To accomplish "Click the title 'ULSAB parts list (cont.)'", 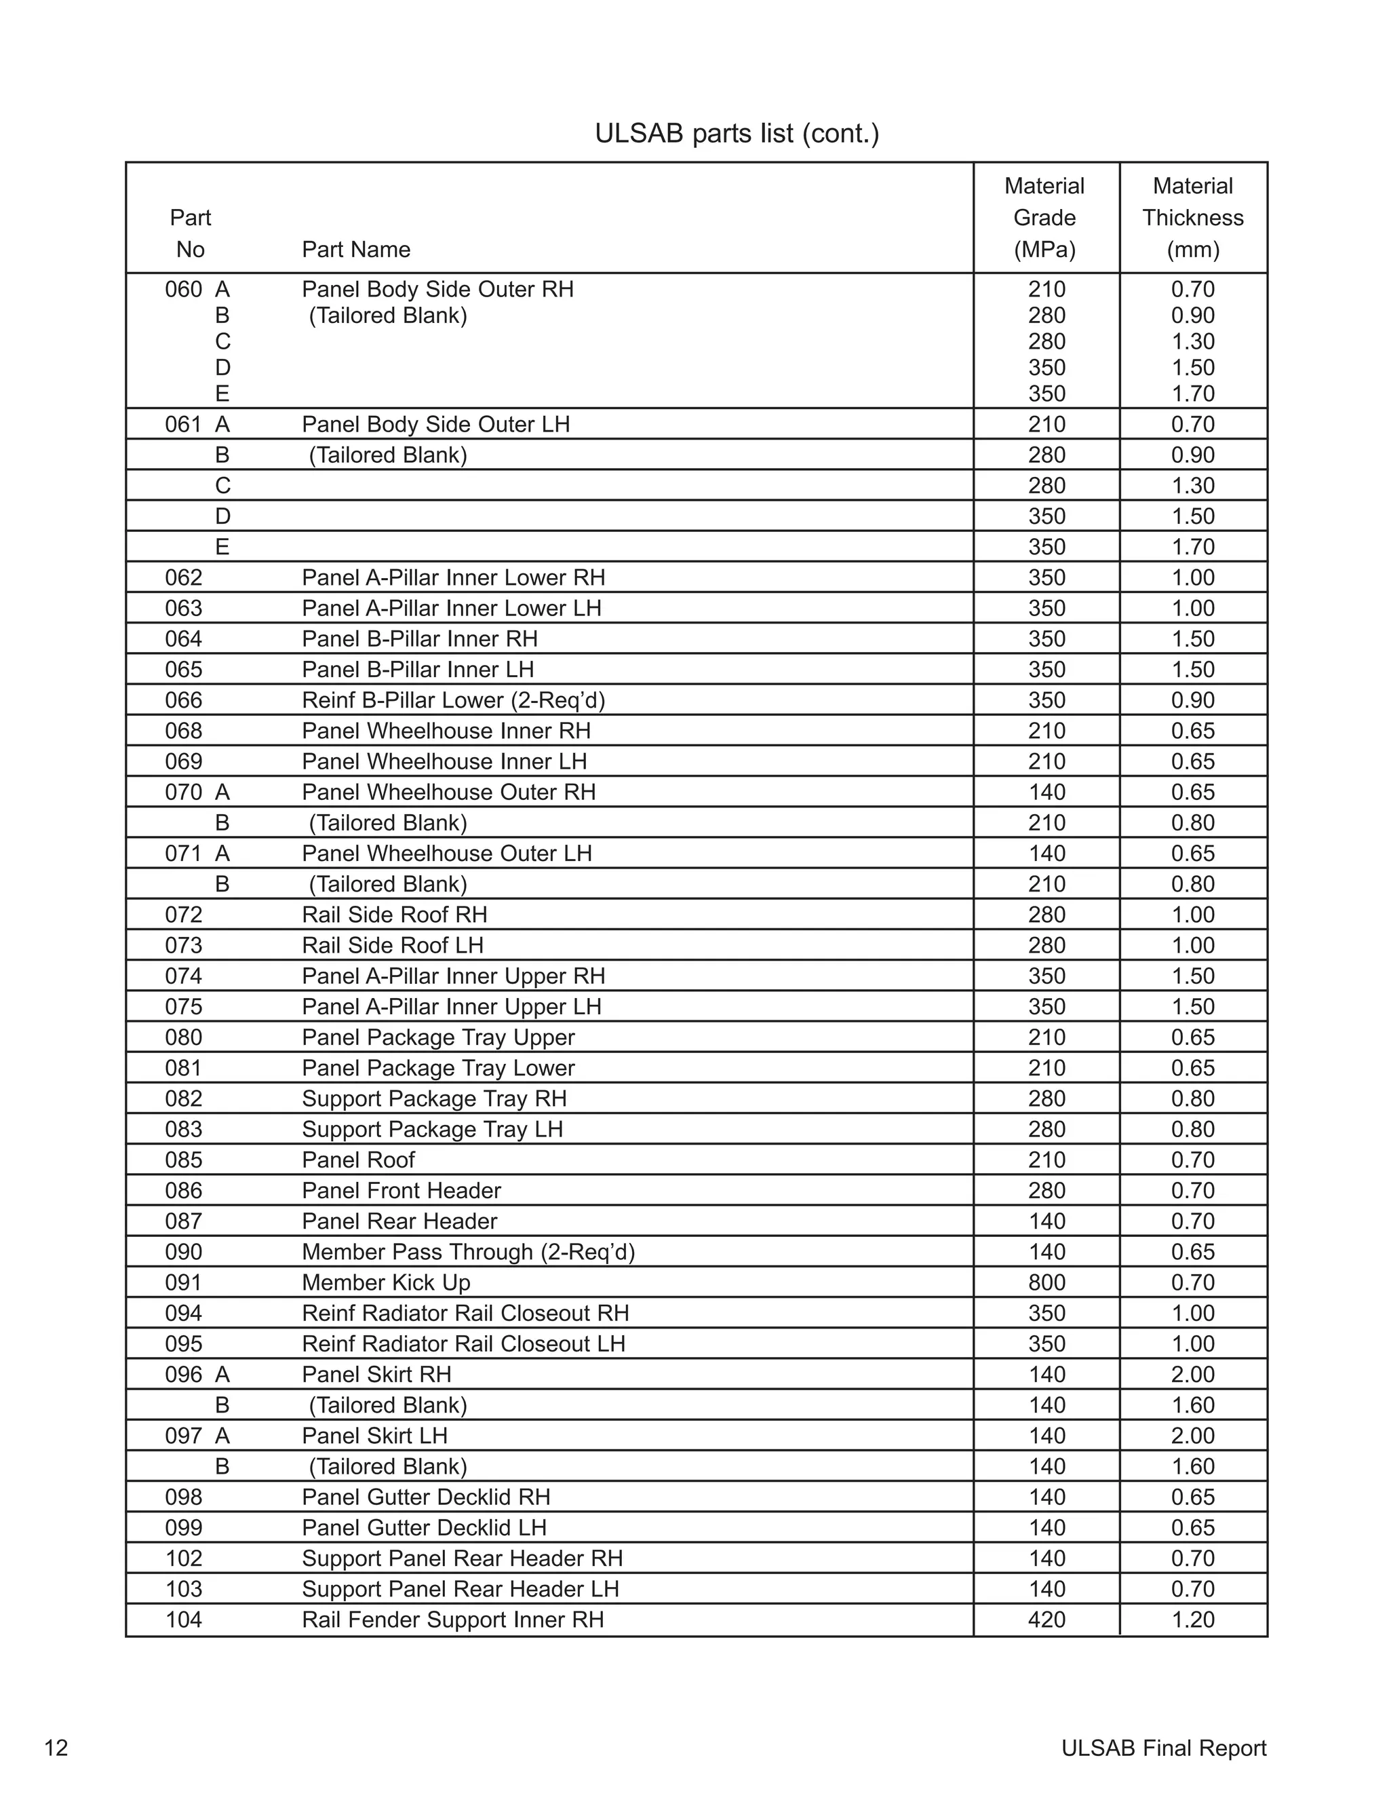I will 737,134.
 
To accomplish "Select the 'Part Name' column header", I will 355,250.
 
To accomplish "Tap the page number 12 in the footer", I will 56,1748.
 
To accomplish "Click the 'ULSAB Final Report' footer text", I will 1164,1748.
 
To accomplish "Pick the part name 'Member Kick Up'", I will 386,1282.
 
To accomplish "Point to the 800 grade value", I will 1046,1282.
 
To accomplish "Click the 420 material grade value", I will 1046,1620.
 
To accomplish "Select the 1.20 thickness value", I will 1192,1620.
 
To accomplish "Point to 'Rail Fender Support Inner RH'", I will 452,1620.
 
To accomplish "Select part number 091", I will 184,1282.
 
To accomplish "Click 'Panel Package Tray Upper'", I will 437,1037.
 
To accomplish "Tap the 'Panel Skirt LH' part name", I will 374,1436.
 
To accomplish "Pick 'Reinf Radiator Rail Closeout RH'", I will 465,1313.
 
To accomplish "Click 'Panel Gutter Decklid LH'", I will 424,1527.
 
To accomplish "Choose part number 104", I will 184,1620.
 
